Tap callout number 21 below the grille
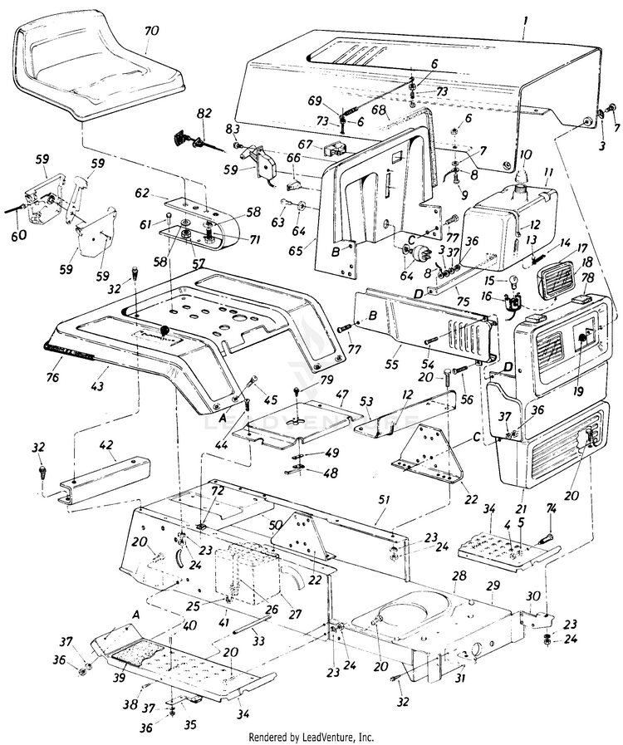pos(522,507)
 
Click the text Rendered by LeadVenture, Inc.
pos(311,737)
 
